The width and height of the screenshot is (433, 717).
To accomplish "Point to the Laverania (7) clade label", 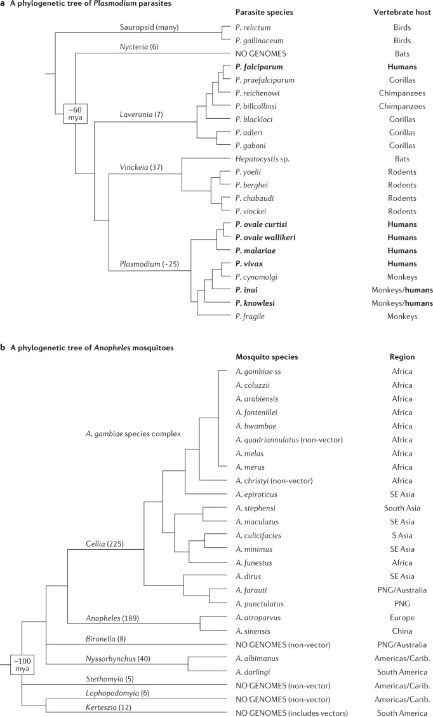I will coord(142,114).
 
